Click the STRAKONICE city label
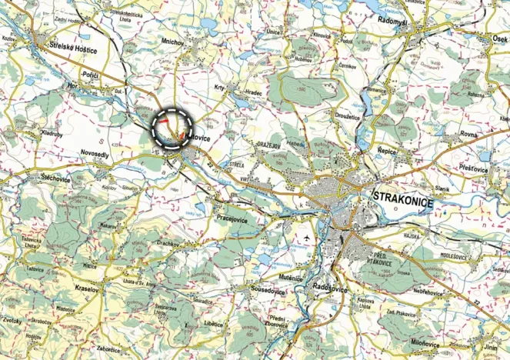coord(402,199)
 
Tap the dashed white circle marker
coord(172,128)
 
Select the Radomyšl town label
coord(398,24)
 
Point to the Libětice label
coord(208,324)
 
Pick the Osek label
coord(498,37)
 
